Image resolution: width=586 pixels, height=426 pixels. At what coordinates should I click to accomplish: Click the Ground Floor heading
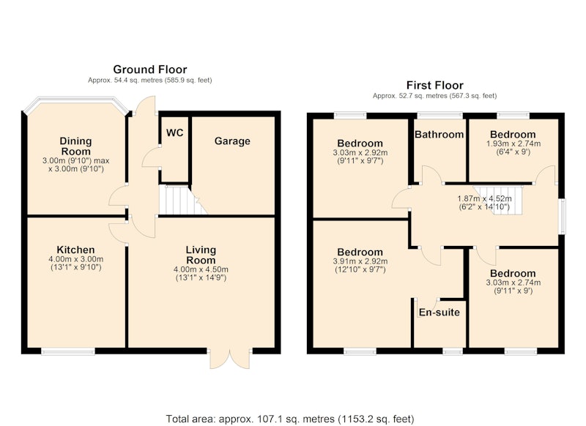click(x=150, y=70)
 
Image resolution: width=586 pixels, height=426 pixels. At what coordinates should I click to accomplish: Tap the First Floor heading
click(x=434, y=85)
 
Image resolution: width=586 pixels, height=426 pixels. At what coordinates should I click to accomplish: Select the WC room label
click(x=174, y=132)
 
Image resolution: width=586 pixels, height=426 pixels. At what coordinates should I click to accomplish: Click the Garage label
click(x=232, y=141)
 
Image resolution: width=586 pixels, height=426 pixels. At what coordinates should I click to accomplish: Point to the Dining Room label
click(x=76, y=146)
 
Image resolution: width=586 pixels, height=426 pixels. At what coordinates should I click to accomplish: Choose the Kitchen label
click(x=75, y=250)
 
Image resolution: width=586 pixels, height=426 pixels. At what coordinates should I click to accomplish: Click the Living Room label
click(x=201, y=255)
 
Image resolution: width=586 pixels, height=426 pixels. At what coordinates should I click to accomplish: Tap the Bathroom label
click(x=439, y=135)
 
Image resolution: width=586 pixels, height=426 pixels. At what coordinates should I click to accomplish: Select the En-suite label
click(x=439, y=312)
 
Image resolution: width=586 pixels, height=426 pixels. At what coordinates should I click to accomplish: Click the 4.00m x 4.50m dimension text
click(x=201, y=269)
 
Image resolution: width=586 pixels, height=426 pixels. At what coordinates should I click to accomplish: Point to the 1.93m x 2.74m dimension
click(x=513, y=143)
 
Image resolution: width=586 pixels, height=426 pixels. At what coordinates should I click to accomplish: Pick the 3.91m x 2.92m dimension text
click(x=360, y=261)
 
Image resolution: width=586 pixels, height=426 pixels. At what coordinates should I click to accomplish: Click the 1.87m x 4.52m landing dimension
click(x=484, y=199)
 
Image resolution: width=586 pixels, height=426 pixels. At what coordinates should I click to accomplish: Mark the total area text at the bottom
click(x=290, y=419)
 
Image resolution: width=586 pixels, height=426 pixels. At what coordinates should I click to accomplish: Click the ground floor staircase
click(x=182, y=201)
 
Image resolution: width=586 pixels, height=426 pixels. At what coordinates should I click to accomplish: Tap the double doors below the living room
click(x=230, y=359)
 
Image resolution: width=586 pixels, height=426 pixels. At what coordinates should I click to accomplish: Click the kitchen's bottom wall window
click(x=68, y=351)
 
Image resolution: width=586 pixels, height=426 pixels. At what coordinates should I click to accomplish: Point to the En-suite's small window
click(x=453, y=351)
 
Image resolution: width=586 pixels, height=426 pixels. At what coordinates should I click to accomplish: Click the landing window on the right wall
click(x=562, y=217)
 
